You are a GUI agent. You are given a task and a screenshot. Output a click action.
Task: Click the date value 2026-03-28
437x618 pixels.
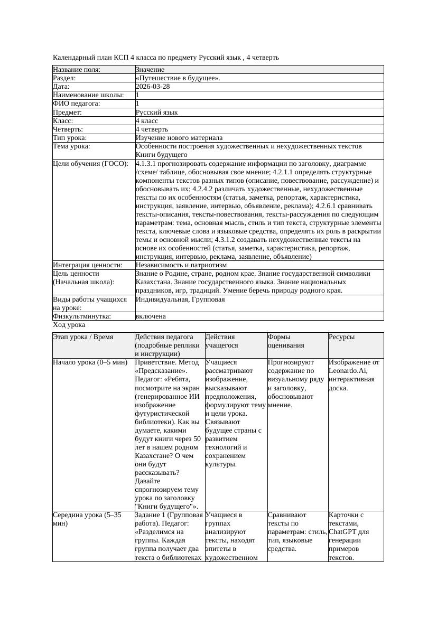coord(153,87)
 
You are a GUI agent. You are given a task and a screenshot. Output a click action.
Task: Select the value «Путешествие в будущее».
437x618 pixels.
coord(178,78)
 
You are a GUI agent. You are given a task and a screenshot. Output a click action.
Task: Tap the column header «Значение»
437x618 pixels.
coord(150,70)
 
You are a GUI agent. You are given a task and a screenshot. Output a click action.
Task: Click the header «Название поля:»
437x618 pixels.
coord(77,70)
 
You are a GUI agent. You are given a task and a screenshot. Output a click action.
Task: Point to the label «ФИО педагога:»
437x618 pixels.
coord(77,104)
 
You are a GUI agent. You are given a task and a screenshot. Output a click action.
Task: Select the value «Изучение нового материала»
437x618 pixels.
coord(179,138)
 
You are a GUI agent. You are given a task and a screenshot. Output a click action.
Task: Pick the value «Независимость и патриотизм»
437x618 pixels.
coord(181,265)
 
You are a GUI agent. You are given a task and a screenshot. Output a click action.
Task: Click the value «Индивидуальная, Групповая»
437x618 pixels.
coord(180,299)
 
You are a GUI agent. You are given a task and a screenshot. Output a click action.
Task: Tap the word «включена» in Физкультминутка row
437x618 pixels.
coord(151,316)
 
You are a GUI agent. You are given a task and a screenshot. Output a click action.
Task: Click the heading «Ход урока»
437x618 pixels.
coord(69,325)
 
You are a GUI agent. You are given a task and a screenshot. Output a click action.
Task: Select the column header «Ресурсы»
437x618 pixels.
coord(341,336)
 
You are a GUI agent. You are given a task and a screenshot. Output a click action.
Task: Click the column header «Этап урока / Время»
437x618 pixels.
coord(83,336)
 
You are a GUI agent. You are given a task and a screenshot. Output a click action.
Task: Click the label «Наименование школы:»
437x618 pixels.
coord(88,95)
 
